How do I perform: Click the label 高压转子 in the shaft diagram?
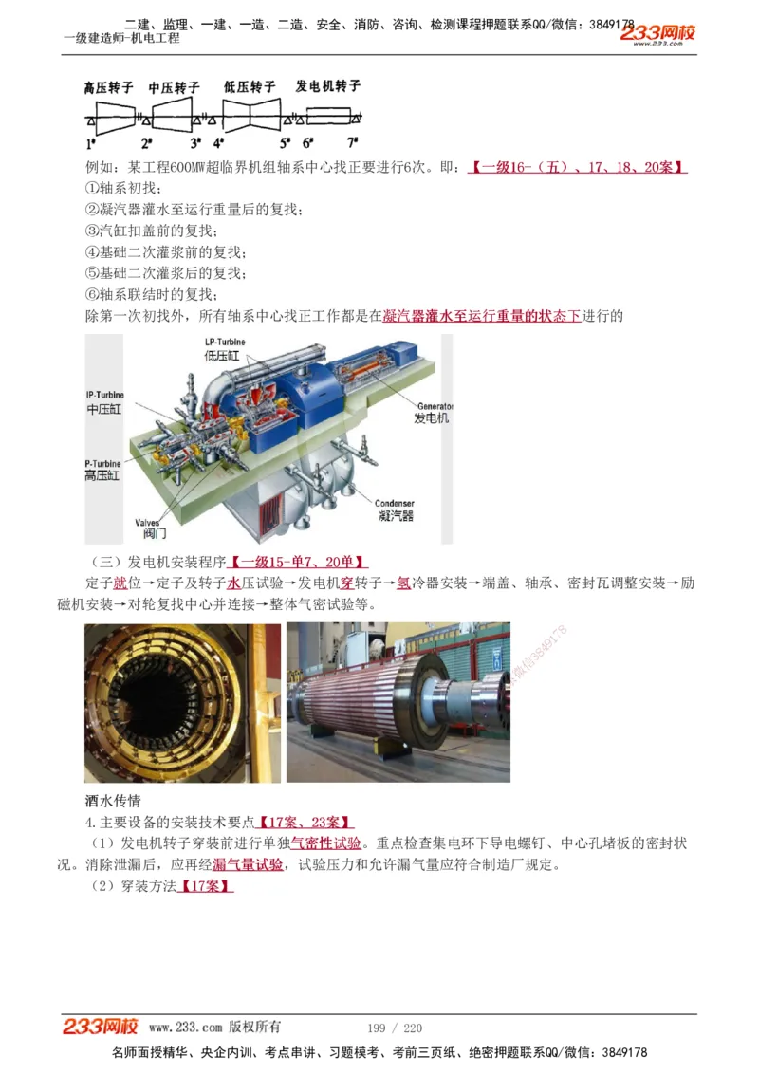(x=110, y=87)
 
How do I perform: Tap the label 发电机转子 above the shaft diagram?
(x=328, y=86)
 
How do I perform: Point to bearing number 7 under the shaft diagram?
(x=352, y=143)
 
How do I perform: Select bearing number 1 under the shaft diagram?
(x=91, y=144)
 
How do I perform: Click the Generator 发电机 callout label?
(x=431, y=412)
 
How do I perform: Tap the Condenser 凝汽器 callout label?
(x=395, y=510)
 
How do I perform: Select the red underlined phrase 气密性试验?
(x=325, y=843)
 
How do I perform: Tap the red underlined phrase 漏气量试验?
(x=248, y=864)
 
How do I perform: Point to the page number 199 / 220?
(x=394, y=1028)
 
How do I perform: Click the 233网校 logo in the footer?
(x=101, y=1027)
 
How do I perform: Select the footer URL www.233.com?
(x=185, y=1028)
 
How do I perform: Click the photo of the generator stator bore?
(x=182, y=702)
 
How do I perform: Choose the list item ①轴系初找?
(x=123, y=188)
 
